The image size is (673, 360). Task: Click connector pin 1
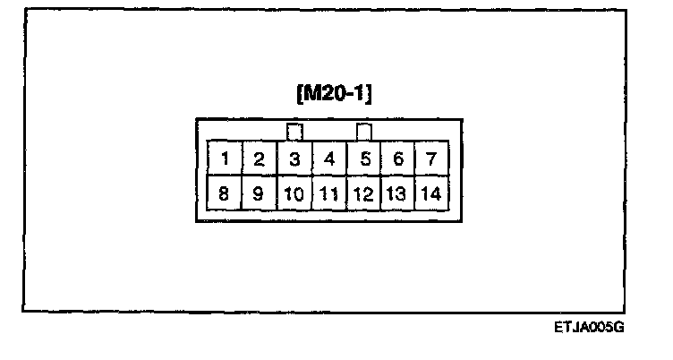[x=226, y=159]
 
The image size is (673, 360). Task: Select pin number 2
[x=260, y=159]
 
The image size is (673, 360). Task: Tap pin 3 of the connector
[x=294, y=159]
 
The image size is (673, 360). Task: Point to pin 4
[x=329, y=159]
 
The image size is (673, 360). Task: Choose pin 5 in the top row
[x=364, y=159]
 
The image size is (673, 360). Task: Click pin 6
[x=398, y=159]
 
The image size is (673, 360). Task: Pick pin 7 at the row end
[x=431, y=159]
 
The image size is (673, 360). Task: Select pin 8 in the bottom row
[x=226, y=192]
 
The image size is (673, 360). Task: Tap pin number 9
[x=260, y=192]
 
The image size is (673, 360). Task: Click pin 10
[x=294, y=192]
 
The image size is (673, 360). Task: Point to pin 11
[x=329, y=192]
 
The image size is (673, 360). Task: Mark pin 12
[x=364, y=192]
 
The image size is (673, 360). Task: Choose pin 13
[x=398, y=192]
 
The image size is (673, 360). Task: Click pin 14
[x=431, y=192]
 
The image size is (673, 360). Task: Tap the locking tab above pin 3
[x=294, y=132]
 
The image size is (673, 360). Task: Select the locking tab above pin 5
[x=364, y=132]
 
